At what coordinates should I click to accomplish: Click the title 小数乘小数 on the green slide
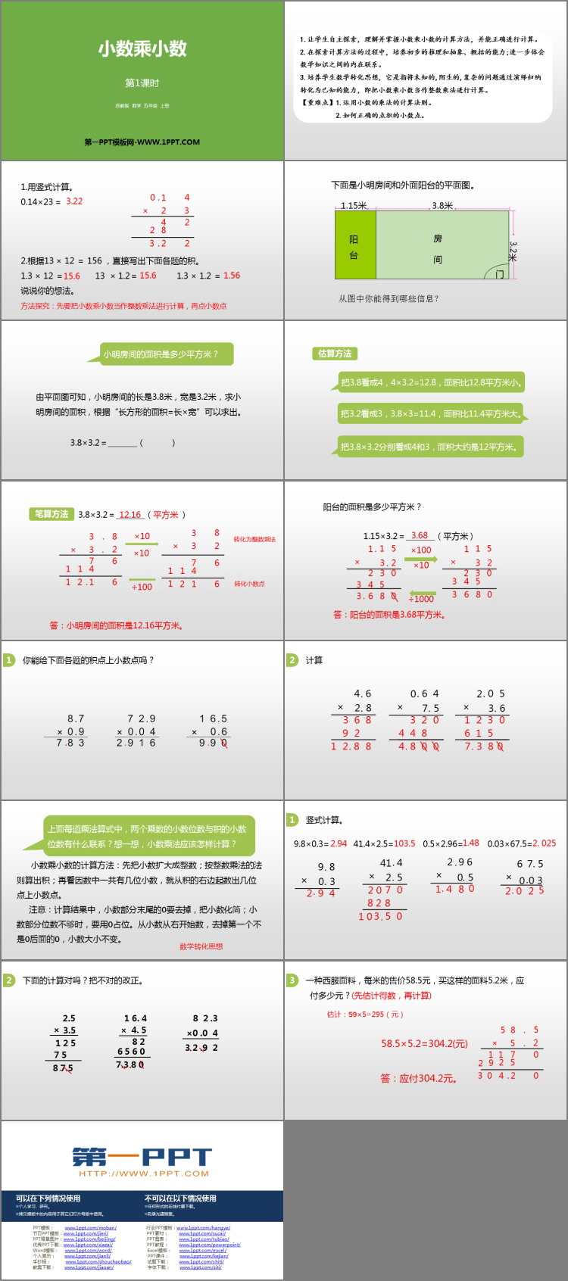[x=142, y=49]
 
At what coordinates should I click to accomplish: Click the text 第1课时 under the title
[x=142, y=83]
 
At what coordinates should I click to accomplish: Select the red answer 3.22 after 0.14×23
[x=74, y=201]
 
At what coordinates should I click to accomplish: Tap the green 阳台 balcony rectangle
[x=355, y=245]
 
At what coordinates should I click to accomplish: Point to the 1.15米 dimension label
[x=354, y=205]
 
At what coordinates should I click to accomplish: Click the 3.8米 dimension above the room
[x=442, y=205]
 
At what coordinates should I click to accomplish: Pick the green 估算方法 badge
[x=335, y=354]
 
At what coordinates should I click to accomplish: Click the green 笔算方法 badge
[x=51, y=514]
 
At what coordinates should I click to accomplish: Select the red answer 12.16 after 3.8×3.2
[x=130, y=514]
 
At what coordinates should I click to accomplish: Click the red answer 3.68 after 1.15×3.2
[x=420, y=535]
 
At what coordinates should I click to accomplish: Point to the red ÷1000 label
[x=421, y=599]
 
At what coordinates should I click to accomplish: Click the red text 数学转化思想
[x=201, y=946]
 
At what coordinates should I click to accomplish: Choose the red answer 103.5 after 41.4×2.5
[x=404, y=843]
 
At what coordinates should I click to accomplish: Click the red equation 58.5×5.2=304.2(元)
[x=424, y=1043]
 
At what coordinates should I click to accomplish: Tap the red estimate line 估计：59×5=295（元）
[x=365, y=1015]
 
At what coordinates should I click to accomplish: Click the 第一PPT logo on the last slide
[x=142, y=1158]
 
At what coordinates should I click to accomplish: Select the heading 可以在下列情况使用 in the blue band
[x=48, y=1198]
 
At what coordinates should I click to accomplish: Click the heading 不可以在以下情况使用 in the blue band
[x=180, y=1198]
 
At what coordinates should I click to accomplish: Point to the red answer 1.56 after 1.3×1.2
[x=232, y=276]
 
